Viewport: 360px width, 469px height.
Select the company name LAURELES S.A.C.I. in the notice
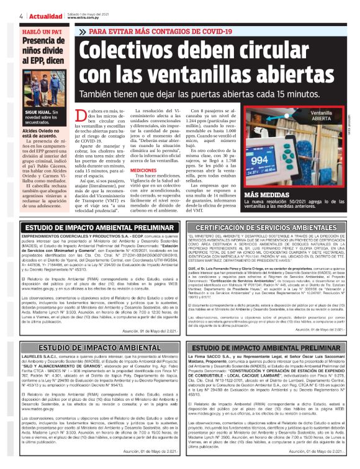point(38,358)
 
